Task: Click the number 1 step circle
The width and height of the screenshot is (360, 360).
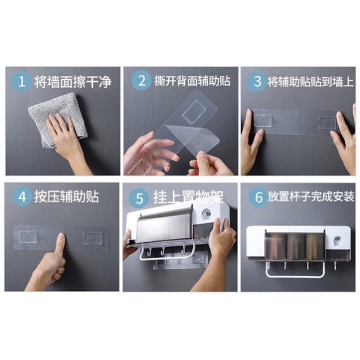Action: [22, 82]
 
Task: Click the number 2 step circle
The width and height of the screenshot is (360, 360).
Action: [142, 81]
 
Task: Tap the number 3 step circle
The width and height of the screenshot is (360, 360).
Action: [258, 82]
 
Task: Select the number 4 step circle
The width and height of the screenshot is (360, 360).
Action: [22, 197]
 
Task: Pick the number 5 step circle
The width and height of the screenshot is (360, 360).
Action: [140, 198]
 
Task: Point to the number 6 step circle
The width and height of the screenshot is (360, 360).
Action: [258, 197]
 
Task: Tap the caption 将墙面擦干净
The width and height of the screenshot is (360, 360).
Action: [73, 82]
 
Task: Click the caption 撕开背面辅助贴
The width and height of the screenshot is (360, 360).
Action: [192, 81]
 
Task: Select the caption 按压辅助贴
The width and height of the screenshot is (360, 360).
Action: [67, 197]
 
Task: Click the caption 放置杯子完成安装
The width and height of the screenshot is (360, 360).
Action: [311, 197]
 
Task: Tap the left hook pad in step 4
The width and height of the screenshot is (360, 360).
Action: [28, 237]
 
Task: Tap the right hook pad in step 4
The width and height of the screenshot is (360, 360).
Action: [91, 238]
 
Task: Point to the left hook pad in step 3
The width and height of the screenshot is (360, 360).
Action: [263, 121]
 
